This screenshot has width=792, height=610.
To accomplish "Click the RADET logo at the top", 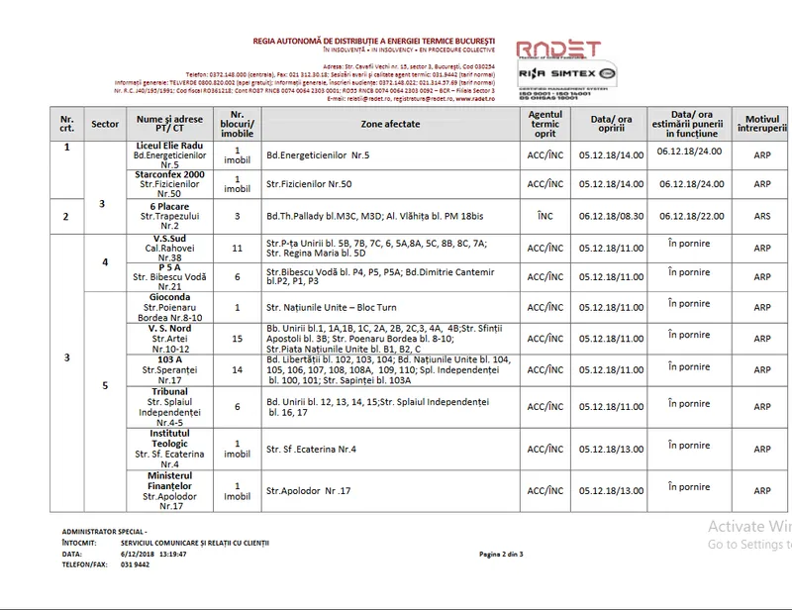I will pyautogui.click(x=558, y=51).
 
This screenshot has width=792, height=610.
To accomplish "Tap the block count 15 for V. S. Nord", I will pyautogui.click(x=237, y=338).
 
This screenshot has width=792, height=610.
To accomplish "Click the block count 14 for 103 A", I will pyautogui.click(x=237, y=369).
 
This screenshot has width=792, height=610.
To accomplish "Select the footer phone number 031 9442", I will pyautogui.click(x=137, y=564).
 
